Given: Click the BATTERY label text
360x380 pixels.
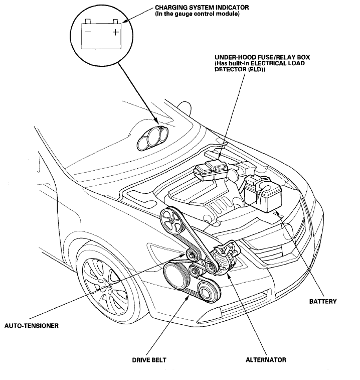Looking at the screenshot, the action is tap(323, 301).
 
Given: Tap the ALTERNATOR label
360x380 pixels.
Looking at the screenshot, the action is tap(266, 359).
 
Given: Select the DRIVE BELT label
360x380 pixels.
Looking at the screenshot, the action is tap(149, 360).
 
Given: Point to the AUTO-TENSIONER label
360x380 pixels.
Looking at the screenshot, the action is tap(32, 325).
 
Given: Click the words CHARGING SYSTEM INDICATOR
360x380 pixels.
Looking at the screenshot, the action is tap(202, 8).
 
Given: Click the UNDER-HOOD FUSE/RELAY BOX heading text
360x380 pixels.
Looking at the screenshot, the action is tap(262, 57).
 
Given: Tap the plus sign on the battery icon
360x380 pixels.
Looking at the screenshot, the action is tap(116, 32).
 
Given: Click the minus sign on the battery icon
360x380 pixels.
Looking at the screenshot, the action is tap(87, 32).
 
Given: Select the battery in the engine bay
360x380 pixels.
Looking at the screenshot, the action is tap(263, 193).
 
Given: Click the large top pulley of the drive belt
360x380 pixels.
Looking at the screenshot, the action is tap(171, 221).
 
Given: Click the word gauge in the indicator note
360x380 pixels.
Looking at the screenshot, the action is tap(184, 14).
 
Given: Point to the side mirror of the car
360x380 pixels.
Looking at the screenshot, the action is tap(185, 106).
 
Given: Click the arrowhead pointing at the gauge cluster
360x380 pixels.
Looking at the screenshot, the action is tap(156, 123).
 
